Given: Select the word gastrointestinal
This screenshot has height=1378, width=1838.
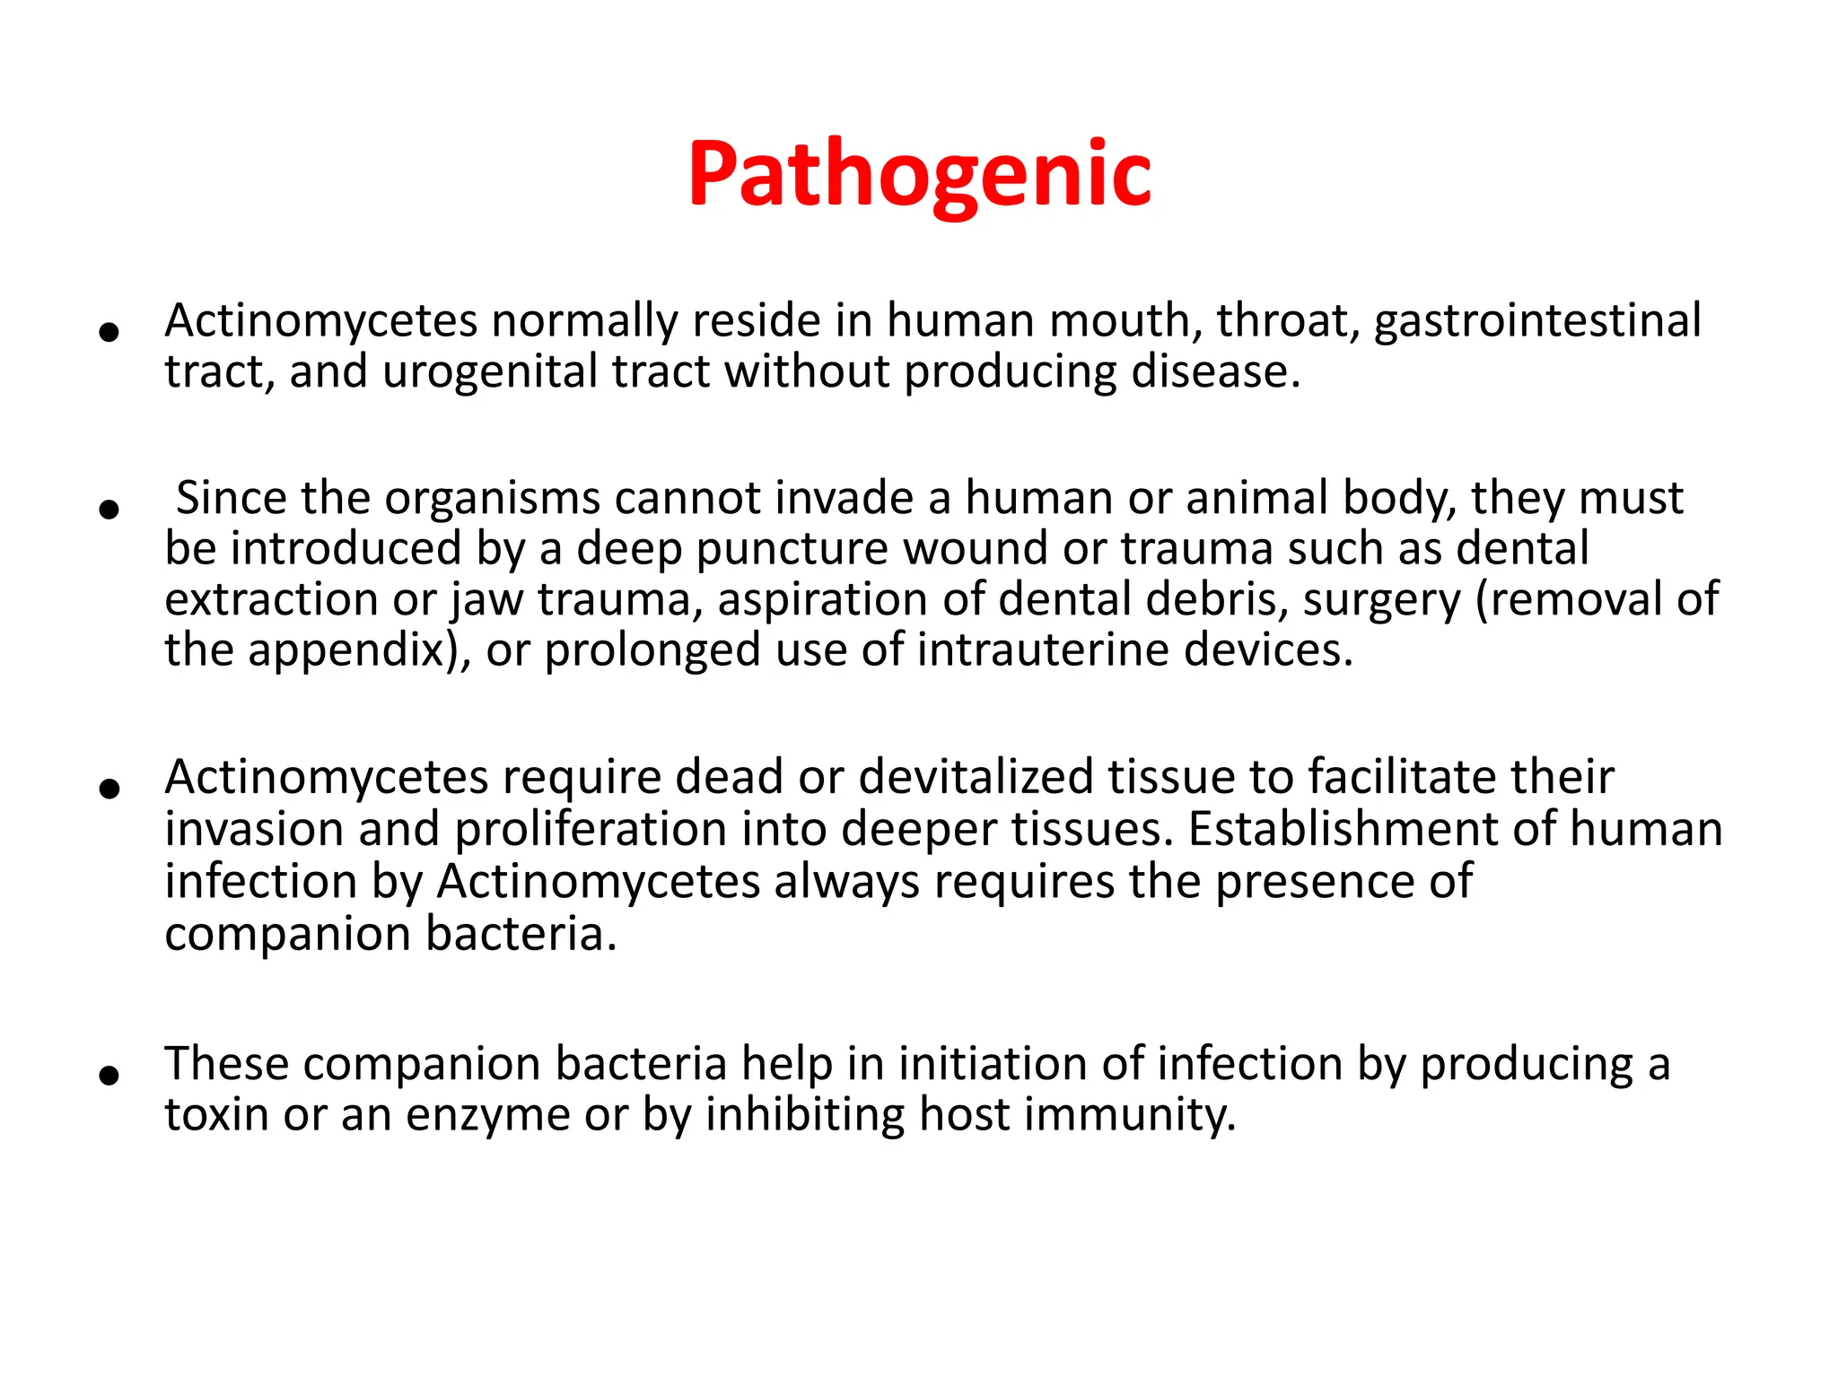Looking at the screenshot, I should [x=1536, y=321].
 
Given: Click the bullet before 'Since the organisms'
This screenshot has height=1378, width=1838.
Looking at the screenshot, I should [x=109, y=510].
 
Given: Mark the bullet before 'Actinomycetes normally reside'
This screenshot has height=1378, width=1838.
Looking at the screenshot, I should [x=109, y=333].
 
